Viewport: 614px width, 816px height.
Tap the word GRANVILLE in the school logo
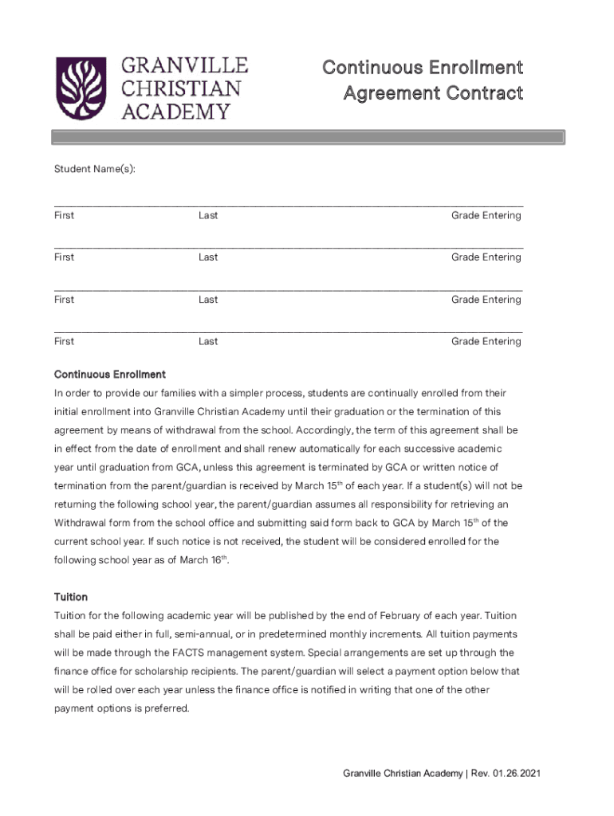[185, 65]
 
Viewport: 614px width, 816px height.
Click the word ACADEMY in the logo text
[175, 111]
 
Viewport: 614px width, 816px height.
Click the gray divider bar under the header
[308, 138]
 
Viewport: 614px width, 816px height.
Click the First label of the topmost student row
[64, 215]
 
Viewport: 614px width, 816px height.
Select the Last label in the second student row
[208, 257]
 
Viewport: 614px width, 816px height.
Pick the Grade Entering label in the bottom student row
[486, 342]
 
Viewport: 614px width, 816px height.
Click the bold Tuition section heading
[71, 597]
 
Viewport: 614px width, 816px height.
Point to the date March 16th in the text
[208, 560]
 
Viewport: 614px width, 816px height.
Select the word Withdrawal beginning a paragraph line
[84, 524]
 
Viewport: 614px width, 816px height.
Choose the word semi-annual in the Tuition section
[187, 634]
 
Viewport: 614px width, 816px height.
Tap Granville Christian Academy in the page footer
[403, 774]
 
